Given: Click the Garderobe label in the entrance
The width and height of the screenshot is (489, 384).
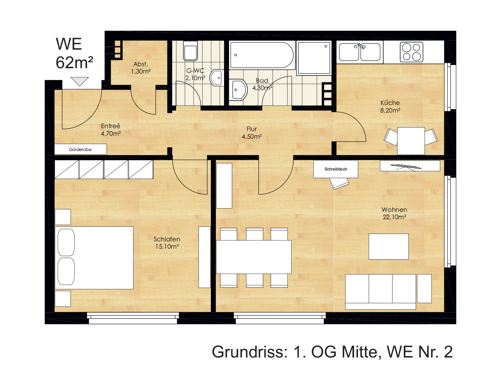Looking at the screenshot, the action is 80,150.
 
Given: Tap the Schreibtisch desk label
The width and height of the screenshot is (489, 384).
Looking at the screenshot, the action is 336,169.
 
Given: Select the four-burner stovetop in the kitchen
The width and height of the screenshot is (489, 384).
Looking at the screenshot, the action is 411,52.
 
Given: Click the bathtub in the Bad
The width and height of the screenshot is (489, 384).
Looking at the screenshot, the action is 262,55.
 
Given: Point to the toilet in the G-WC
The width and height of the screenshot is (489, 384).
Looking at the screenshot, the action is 190,51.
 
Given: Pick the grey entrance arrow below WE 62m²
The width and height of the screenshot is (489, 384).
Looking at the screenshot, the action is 80,81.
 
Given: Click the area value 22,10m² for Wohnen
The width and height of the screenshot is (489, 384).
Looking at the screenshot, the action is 395,217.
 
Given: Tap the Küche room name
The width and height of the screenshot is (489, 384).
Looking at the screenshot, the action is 390,103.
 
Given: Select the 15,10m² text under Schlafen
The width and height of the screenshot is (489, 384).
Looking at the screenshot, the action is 167,247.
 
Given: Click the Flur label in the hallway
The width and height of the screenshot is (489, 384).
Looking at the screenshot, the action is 252,129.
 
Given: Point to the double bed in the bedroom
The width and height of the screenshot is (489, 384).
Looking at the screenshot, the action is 94,258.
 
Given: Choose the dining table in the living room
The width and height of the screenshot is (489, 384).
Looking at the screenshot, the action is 254,257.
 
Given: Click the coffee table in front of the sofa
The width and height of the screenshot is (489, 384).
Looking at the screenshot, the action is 389,247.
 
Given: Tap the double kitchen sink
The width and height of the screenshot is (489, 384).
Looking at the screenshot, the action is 360,52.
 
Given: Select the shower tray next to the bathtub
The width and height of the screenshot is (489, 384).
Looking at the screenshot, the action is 314,58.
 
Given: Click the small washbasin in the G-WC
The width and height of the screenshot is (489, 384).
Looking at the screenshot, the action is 217,78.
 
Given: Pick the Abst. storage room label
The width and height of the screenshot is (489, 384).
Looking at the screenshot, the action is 141,64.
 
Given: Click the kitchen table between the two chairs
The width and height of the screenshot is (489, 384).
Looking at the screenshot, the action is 411,141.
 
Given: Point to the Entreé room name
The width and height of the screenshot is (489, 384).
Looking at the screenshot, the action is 111,126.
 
